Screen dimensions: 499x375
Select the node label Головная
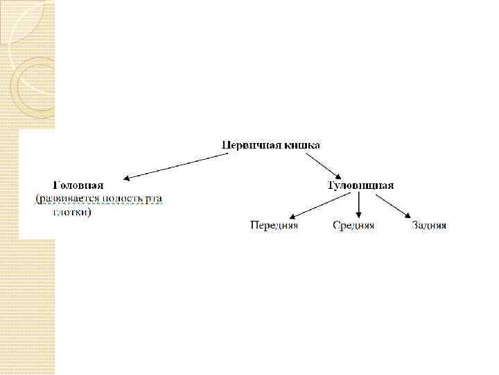pyautogui.click(x=79, y=185)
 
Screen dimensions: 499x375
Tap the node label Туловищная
pyautogui.click(x=360, y=185)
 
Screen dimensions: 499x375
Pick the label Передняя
pyautogui.click(x=274, y=226)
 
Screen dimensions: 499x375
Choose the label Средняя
pyautogui.click(x=353, y=226)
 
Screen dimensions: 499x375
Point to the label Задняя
pyautogui.click(x=429, y=226)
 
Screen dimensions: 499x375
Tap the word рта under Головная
pyautogui.click(x=154, y=199)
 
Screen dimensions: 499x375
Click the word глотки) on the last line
pyautogui.click(x=71, y=212)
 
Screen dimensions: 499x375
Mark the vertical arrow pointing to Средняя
pyautogui.click(x=359, y=205)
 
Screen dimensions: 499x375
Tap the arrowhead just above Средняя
pyautogui.click(x=359, y=215)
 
